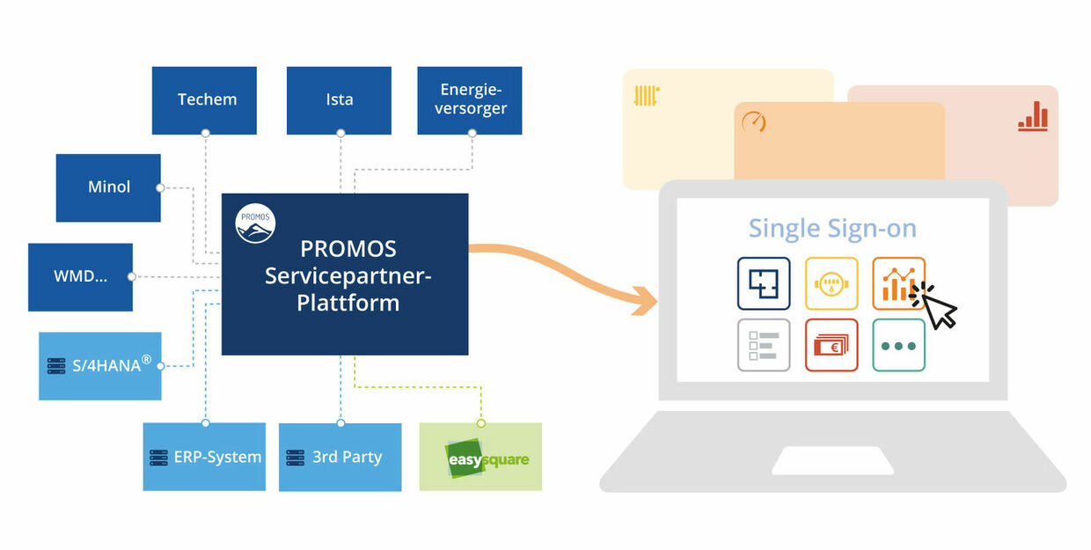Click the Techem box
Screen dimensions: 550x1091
[x=204, y=100]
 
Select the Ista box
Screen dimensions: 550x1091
[x=339, y=100]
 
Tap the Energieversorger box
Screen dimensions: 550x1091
[x=470, y=100]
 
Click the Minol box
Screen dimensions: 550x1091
[x=108, y=187]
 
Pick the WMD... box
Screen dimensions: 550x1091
[x=80, y=276]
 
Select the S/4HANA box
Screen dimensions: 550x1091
[x=100, y=365]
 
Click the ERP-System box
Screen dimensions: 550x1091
[x=204, y=457]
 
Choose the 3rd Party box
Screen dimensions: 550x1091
[x=340, y=457]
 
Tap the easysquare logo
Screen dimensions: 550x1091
[x=480, y=458]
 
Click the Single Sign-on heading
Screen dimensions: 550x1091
[x=832, y=229]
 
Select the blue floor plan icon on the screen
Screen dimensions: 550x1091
[x=763, y=283]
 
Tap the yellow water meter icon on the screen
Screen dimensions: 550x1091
[x=831, y=283]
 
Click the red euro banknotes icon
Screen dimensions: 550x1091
[x=831, y=345]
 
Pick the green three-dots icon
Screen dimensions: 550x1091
[x=898, y=345]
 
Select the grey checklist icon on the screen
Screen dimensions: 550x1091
[x=763, y=345]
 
